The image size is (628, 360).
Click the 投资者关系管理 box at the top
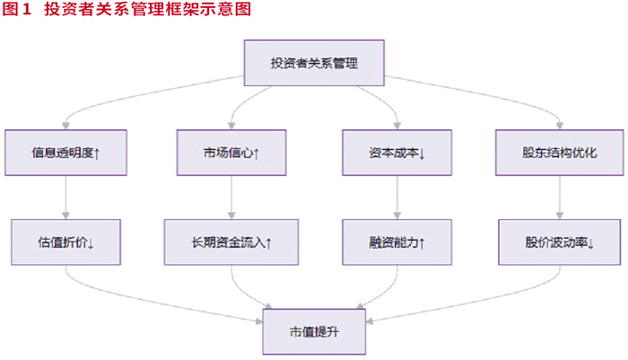click(314, 63)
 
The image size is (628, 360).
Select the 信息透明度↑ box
click(65, 153)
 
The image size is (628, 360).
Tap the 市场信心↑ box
click(231, 153)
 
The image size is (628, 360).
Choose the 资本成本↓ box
click(397, 153)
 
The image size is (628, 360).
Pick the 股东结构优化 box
click(560, 153)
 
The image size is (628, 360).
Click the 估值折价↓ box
click(65, 242)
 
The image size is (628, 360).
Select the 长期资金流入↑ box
click(231, 242)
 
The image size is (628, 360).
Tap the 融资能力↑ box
click(397, 242)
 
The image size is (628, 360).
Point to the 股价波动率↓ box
click(560, 242)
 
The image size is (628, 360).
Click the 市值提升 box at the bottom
click(314, 331)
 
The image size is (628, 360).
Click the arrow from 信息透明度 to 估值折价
click(65, 198)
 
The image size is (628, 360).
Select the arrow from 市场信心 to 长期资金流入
click(231, 198)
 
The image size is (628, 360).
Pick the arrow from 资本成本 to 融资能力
click(397, 198)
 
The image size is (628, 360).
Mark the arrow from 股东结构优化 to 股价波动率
click(560, 198)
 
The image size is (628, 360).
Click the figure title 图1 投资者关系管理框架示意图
click(126, 9)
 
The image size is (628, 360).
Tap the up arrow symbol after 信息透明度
click(97, 154)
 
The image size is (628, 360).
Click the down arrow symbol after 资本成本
click(422, 154)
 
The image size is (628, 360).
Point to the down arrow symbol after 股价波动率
click(590, 243)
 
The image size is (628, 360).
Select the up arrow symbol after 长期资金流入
click(269, 243)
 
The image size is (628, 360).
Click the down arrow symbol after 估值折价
click(91, 243)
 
